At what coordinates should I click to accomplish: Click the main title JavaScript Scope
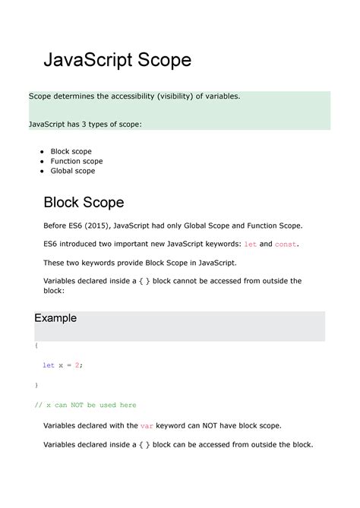pyautogui.click(x=117, y=60)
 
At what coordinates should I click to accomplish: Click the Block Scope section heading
pyautogui.click(x=84, y=202)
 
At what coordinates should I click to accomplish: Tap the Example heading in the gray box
pyautogui.click(x=55, y=318)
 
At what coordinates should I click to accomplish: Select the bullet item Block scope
pyautogui.click(x=71, y=151)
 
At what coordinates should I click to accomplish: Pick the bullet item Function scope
pyautogui.click(x=77, y=161)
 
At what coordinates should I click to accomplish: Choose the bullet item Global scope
pyautogui.click(x=73, y=171)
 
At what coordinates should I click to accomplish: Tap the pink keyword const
pyautogui.click(x=286, y=245)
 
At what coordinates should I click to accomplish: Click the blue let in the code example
pyautogui.click(x=48, y=364)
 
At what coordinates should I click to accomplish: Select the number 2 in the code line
pyautogui.click(x=77, y=364)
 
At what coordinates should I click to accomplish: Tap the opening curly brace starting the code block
pyautogui.click(x=36, y=345)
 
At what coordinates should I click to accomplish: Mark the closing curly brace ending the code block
pyautogui.click(x=36, y=384)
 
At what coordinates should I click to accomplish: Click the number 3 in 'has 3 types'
pyautogui.click(x=92, y=124)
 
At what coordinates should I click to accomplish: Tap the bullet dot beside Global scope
pyautogui.click(x=42, y=171)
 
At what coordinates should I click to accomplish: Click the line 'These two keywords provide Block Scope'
pyautogui.click(x=140, y=263)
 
